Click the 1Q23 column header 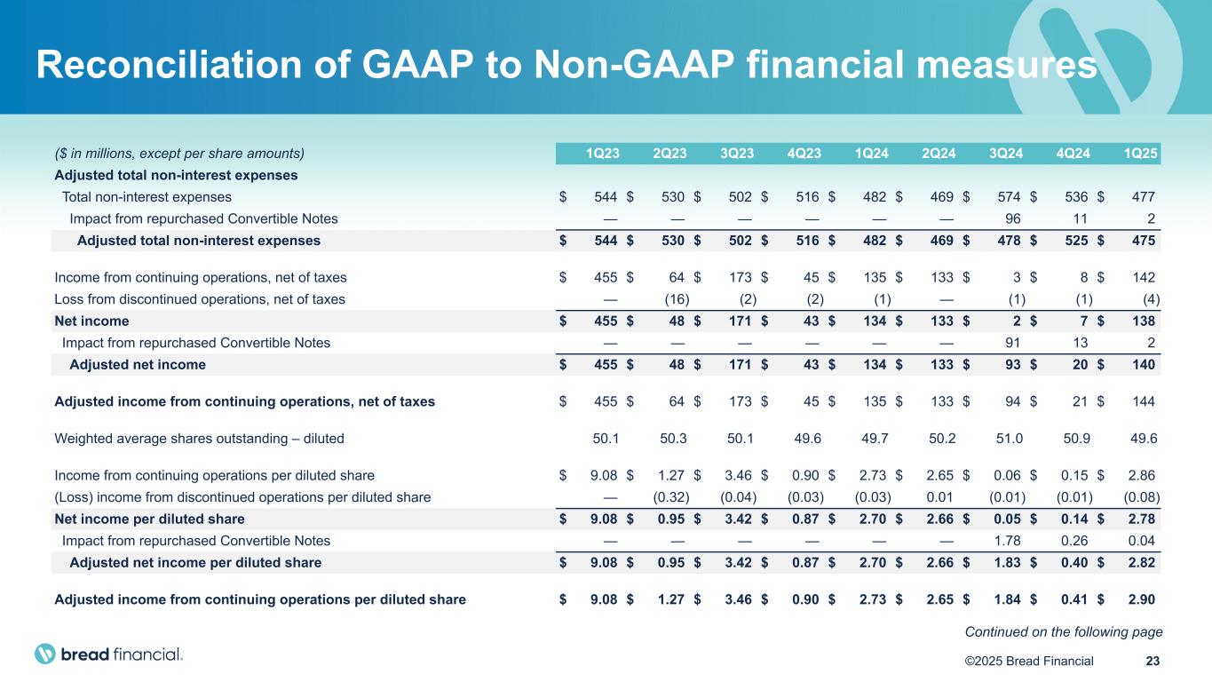[602, 154]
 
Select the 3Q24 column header [1006, 154]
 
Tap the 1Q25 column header [1141, 154]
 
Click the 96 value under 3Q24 [1012, 218]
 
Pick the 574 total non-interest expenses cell [1009, 197]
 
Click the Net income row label [91, 321]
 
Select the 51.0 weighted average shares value [1009, 439]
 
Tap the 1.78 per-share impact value [1008, 541]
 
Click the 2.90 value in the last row [1142, 599]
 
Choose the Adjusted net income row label [138, 365]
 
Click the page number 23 [1153, 661]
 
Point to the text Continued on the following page [1064, 632]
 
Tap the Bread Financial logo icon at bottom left [45, 654]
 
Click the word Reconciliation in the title [169, 65]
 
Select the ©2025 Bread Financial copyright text [1029, 661]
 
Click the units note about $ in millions [179, 154]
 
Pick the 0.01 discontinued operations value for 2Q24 [942, 497]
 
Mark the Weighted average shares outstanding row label [199, 439]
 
